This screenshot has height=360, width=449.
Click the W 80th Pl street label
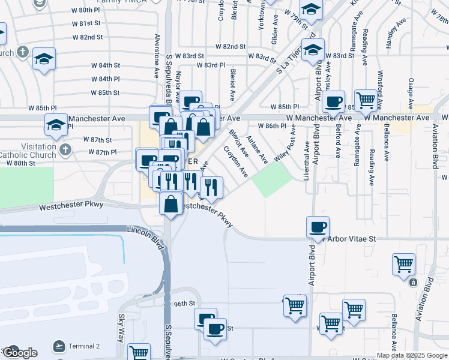(x=85, y=10)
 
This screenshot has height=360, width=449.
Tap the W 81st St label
(x=85, y=23)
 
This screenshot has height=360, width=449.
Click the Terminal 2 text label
(x=85, y=346)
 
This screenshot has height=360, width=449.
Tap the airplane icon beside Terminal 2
(x=59, y=346)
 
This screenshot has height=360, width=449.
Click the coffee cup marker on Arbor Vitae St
(x=318, y=227)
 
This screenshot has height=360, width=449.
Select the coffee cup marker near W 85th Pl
(x=334, y=100)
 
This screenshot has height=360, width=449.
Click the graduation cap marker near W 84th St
(x=44, y=59)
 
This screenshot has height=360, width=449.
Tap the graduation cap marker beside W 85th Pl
(x=55, y=125)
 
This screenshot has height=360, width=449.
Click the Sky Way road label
(x=121, y=327)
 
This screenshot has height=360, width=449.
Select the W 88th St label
(x=29, y=163)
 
